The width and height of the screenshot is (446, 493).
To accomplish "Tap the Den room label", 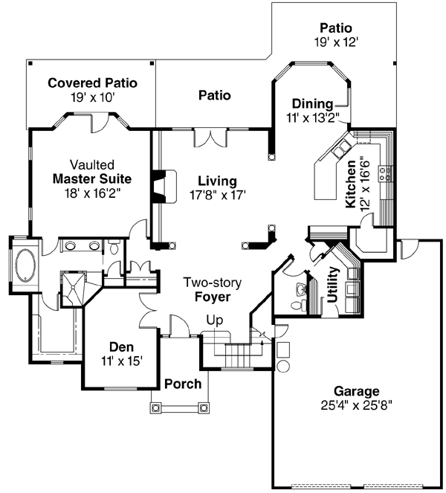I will (121, 346).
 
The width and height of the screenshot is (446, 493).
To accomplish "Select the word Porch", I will (183, 384).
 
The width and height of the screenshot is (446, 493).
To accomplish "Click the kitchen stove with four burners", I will (387, 174).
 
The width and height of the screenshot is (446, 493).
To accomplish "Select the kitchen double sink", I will (343, 149).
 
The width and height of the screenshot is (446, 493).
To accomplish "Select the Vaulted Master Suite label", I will (92, 178).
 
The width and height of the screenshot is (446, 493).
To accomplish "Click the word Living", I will (217, 181).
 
